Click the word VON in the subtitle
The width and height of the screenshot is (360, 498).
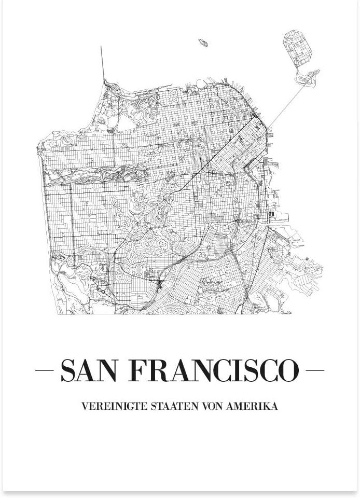(x=212, y=406)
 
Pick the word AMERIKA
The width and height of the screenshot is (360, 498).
(x=252, y=406)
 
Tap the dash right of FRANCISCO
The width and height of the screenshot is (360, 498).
(x=315, y=370)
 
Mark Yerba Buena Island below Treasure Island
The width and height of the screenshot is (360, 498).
(x=306, y=77)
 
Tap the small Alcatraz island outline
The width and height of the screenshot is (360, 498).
(x=203, y=43)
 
